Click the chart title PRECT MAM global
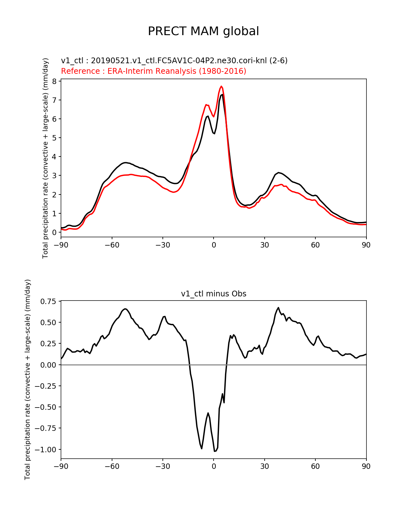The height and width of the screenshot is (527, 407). tap(203, 31)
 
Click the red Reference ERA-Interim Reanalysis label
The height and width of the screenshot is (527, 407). tap(154, 71)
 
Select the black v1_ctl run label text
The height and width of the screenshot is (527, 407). tap(174, 61)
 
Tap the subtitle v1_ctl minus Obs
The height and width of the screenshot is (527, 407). tap(214, 294)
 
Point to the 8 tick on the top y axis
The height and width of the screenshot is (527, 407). tap(54, 81)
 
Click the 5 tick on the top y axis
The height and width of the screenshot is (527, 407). tap(54, 138)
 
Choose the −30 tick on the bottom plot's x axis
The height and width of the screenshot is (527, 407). tap(162, 466)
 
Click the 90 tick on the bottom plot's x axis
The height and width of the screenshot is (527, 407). tap(366, 466)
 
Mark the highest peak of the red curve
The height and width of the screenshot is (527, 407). tap(221, 86)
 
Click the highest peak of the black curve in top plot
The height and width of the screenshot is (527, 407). tap(222, 95)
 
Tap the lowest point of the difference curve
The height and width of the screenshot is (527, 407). tap(215, 451)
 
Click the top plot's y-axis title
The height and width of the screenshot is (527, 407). tap(46, 158)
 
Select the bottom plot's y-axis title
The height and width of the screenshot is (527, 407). tap(28, 379)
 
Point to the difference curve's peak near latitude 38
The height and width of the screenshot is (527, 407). tap(278, 308)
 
